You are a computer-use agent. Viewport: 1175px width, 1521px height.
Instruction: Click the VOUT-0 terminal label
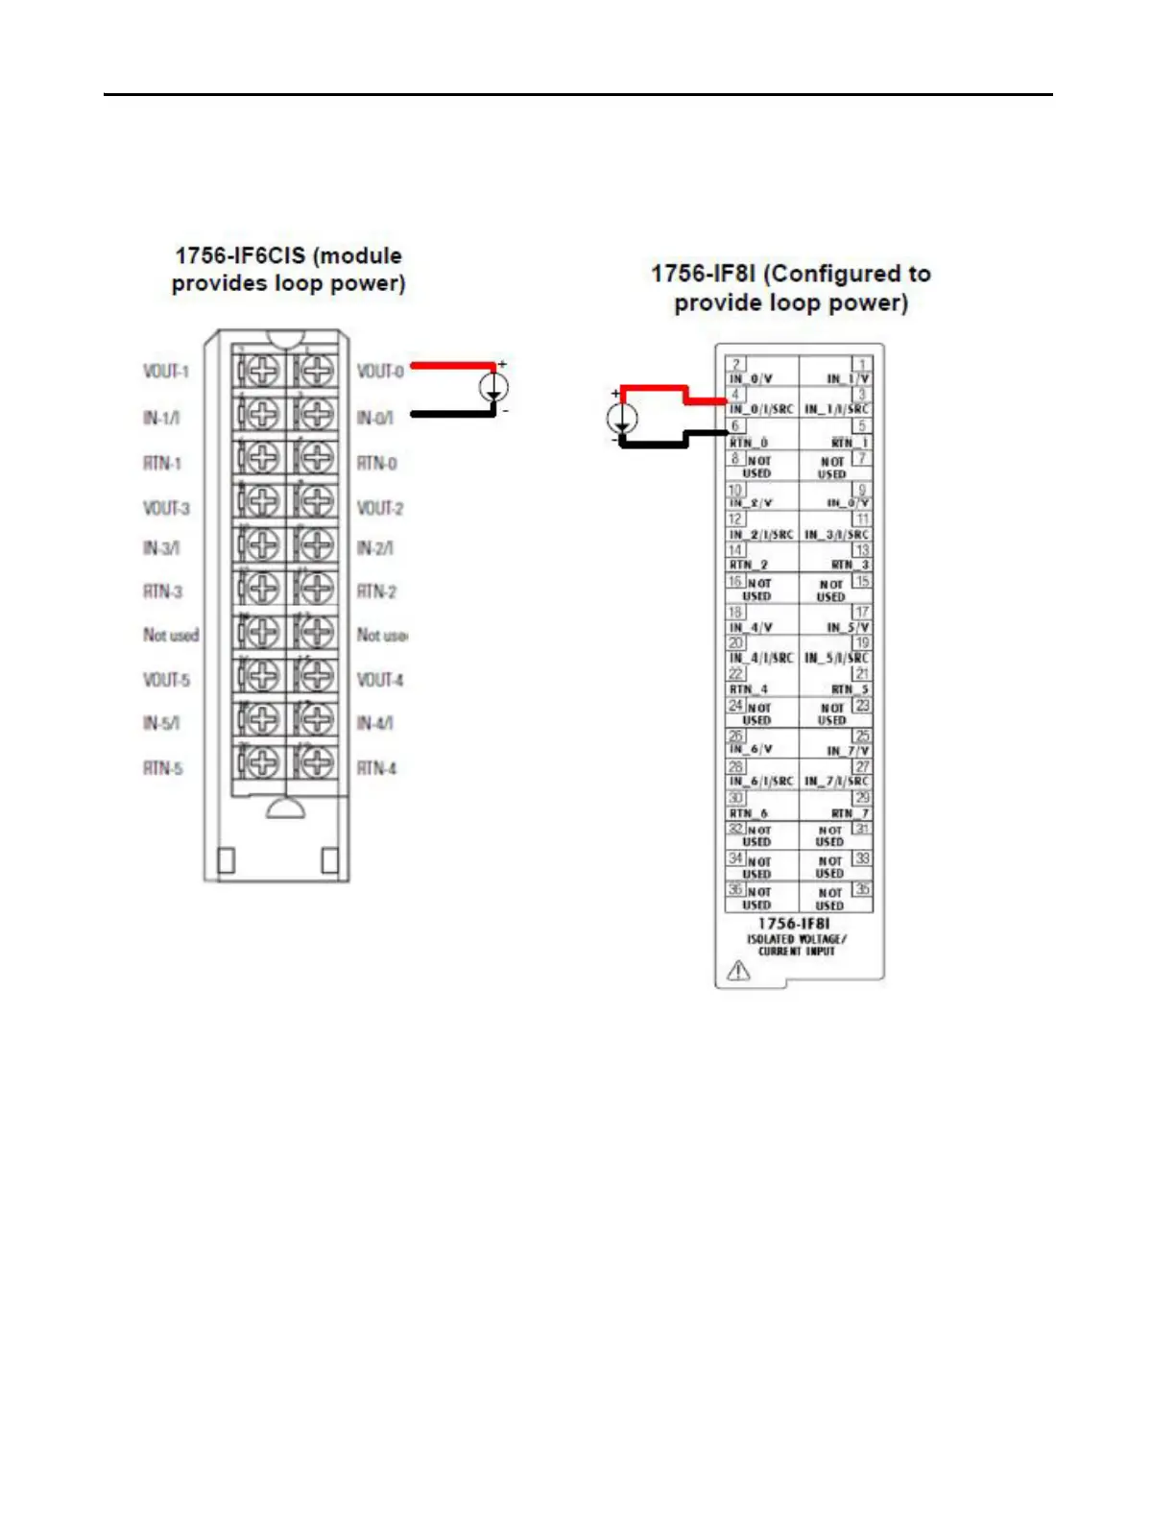point(379,372)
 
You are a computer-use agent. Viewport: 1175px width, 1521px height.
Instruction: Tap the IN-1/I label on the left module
point(160,418)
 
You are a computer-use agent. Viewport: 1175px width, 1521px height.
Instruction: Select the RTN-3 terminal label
point(162,591)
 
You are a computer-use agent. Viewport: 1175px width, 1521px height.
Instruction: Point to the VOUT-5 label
point(166,680)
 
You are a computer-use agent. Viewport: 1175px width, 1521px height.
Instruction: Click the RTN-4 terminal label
point(376,768)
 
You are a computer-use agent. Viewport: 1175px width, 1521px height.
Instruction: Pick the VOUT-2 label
point(379,508)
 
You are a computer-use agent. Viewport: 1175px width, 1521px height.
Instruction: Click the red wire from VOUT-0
point(451,366)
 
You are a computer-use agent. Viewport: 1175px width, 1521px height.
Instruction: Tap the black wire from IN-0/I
point(451,414)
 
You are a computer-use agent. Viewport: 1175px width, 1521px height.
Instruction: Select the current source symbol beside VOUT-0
point(493,388)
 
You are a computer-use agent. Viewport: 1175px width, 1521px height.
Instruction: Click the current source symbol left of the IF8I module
point(622,418)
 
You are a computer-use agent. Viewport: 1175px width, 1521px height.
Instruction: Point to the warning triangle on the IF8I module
point(738,971)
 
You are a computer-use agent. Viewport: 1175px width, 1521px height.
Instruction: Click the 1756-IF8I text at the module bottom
point(794,924)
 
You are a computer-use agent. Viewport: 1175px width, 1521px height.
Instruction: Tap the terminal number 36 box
point(735,889)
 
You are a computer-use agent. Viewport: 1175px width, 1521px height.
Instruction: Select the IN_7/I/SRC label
point(836,782)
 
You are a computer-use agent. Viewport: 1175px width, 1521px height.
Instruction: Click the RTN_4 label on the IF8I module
point(749,689)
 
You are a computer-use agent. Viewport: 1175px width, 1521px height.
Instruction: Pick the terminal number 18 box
point(735,612)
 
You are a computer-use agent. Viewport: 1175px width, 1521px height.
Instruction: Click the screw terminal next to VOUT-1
point(258,372)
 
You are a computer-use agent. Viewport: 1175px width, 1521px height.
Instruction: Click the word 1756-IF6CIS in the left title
point(240,256)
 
